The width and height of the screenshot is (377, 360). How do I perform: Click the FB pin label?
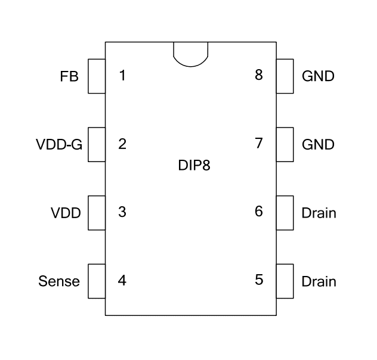click(x=69, y=76)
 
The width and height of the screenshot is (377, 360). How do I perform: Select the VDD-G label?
click(x=58, y=144)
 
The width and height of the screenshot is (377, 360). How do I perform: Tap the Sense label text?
click(x=59, y=281)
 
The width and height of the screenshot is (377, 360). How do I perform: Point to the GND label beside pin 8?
click(x=318, y=76)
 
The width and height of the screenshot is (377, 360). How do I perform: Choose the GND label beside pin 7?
click(x=318, y=144)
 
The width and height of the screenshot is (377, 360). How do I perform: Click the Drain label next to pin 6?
click(x=319, y=213)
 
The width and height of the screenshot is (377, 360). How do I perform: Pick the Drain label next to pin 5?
click(x=319, y=281)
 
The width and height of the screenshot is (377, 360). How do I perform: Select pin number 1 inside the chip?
click(x=122, y=76)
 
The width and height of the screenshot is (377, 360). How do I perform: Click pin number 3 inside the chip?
click(x=122, y=212)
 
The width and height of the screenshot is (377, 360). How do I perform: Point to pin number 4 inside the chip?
click(x=122, y=280)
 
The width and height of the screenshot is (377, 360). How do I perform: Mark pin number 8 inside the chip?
click(x=258, y=76)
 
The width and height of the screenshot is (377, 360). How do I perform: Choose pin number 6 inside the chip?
click(x=258, y=212)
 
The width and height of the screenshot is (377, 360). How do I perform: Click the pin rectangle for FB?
click(x=97, y=76)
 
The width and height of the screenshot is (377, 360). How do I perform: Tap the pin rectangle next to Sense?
click(x=97, y=281)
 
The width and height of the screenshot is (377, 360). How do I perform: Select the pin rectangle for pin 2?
click(x=97, y=144)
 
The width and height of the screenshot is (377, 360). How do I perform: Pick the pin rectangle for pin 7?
click(x=285, y=144)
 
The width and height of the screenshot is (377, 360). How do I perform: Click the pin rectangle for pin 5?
click(x=285, y=281)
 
